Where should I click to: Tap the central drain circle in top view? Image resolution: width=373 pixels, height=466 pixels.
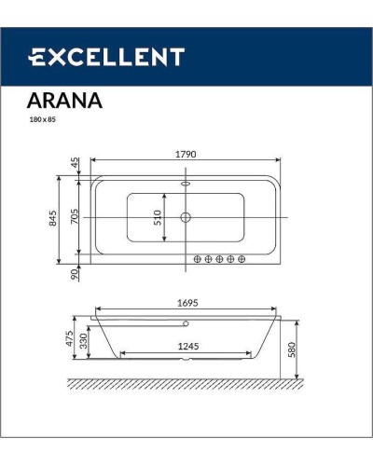click(186, 218)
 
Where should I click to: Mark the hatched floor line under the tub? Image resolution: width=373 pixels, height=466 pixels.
click(186, 384)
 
